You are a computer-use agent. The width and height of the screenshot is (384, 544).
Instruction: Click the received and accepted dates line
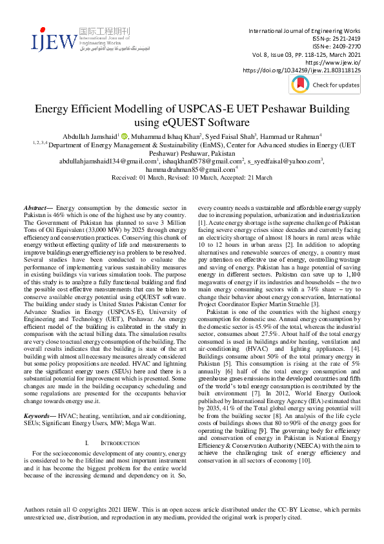(192, 176)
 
